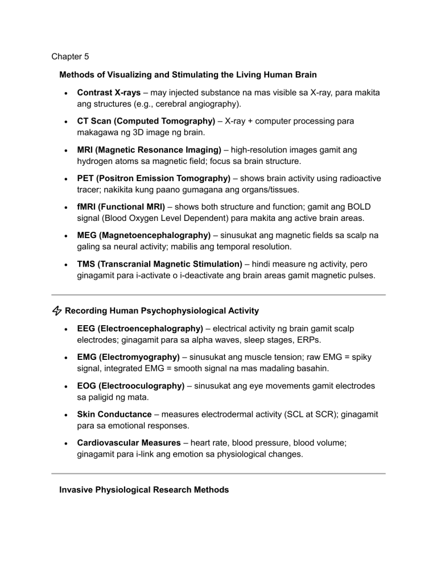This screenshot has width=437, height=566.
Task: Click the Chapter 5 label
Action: click(70, 56)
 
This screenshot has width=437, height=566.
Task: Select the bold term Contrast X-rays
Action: click(109, 92)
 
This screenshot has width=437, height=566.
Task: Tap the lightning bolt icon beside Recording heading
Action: click(57, 311)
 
